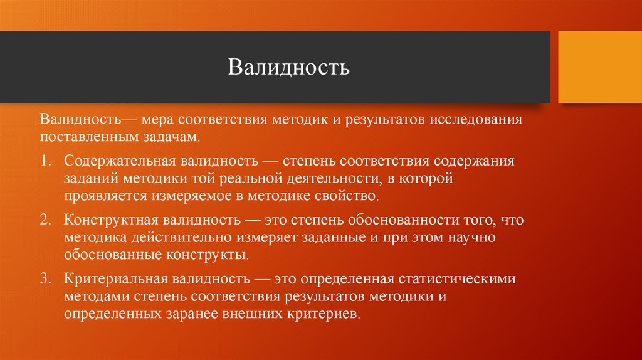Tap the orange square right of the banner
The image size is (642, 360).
click(x=599, y=67)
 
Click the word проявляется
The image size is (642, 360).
click(x=103, y=196)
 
